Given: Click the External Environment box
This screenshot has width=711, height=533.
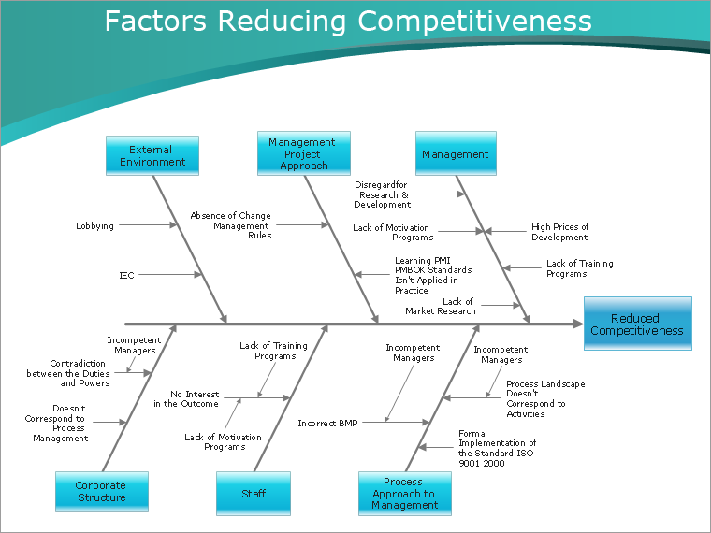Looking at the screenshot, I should (x=152, y=156).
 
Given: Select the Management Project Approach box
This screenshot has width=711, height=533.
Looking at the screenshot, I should (x=303, y=153).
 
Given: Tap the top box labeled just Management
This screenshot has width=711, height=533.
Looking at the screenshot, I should (x=456, y=154).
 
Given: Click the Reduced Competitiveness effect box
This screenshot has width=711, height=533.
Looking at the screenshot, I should (x=637, y=324).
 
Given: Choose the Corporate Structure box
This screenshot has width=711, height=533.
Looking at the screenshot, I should (x=101, y=492).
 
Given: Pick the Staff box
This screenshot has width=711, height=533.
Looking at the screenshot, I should (x=254, y=493).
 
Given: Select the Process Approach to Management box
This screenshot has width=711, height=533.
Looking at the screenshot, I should (x=404, y=493).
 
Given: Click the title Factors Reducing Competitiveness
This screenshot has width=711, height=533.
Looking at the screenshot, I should (x=348, y=22).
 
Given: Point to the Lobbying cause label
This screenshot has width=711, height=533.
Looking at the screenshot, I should (x=94, y=225).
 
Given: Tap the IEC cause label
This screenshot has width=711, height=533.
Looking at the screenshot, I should (x=126, y=275).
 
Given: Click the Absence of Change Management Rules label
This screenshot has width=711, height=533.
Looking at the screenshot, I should (x=230, y=225).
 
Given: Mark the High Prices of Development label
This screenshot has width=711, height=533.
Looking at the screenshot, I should (x=559, y=232).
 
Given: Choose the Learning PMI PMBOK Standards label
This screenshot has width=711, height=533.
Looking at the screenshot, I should (x=432, y=275).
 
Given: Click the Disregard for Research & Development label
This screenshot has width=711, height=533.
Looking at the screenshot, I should (x=382, y=194).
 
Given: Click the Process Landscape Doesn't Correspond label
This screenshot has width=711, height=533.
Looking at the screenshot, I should (x=545, y=398).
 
